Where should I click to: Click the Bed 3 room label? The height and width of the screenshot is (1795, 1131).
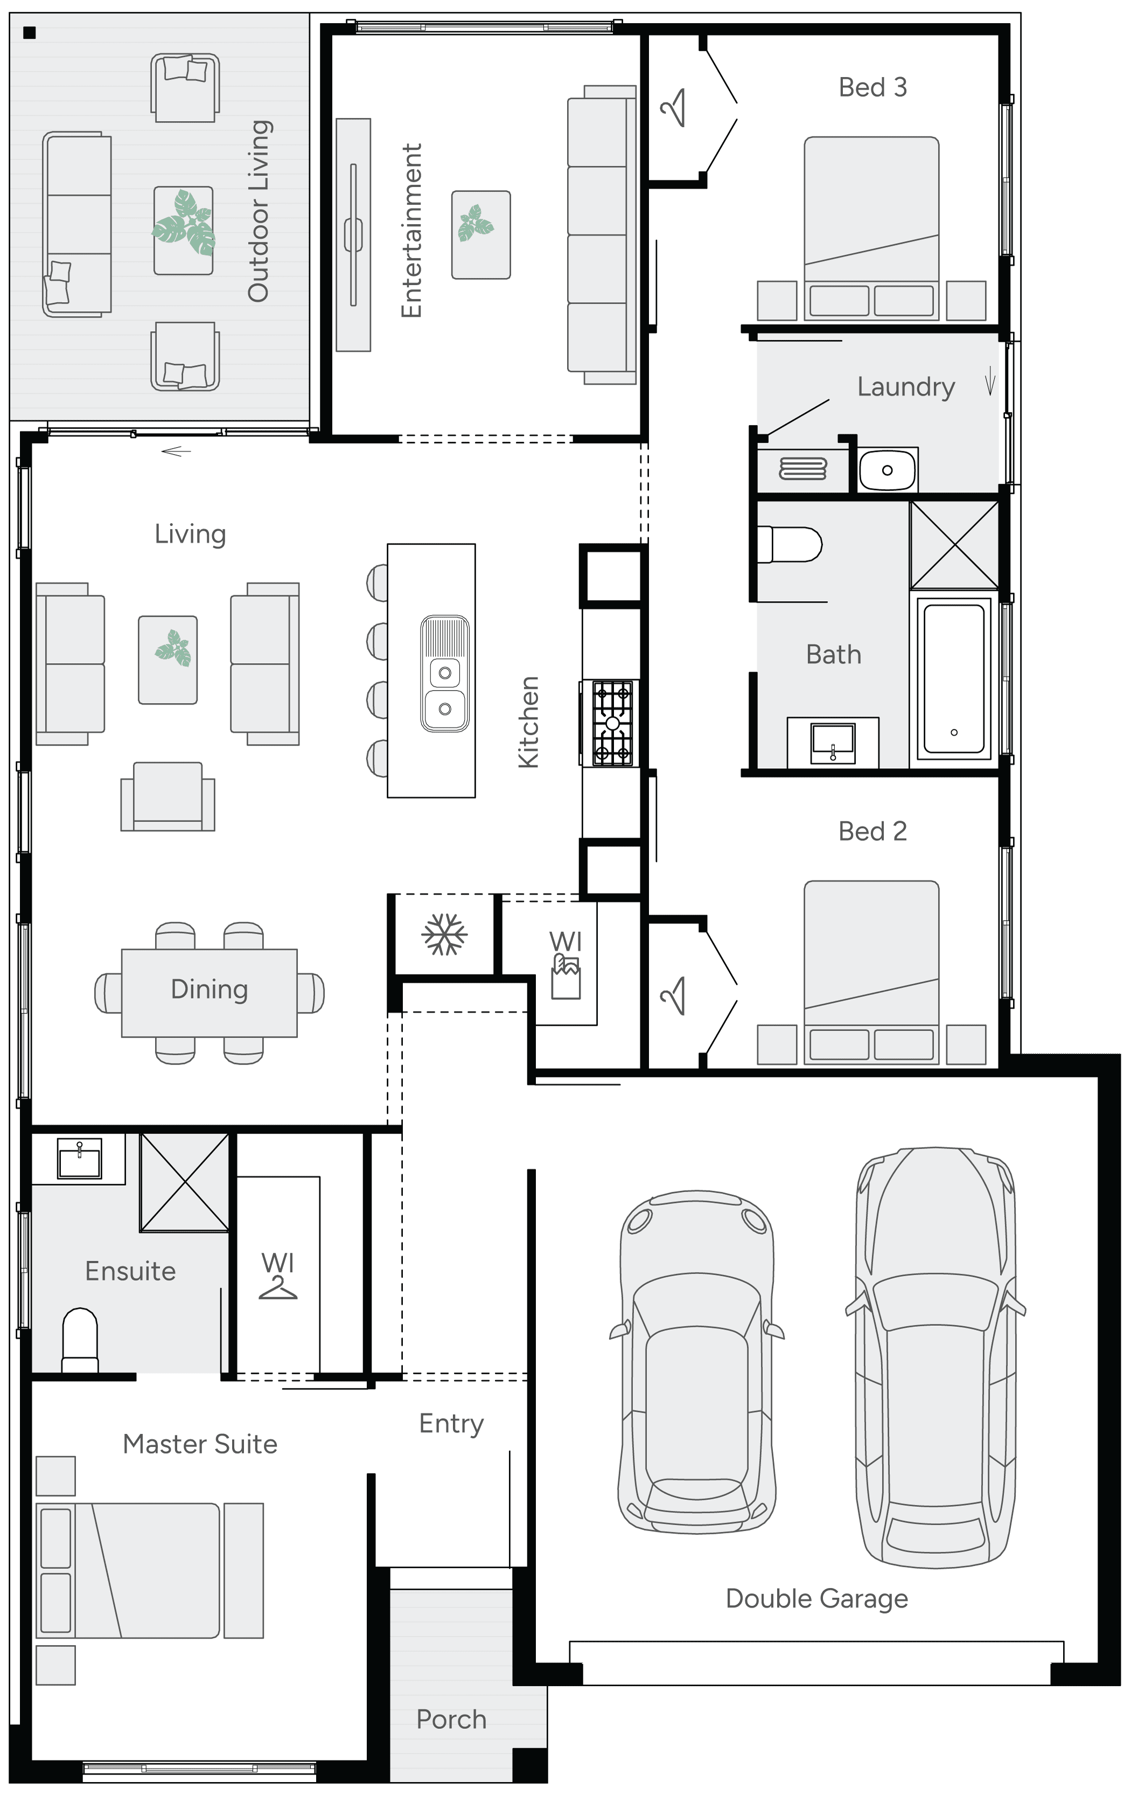pos(872,87)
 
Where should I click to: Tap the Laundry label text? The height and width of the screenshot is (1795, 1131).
pos(905,387)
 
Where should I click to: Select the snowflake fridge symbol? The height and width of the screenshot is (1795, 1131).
pos(444,934)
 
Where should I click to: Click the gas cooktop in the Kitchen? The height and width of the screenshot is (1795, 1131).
pos(612,723)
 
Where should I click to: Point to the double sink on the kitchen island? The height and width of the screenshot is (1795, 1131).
pos(445,673)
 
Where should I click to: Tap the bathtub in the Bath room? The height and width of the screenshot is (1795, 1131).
pos(954,678)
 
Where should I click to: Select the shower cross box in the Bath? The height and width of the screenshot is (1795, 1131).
pos(954,545)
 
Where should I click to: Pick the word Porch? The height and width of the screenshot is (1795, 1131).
pos(451,1719)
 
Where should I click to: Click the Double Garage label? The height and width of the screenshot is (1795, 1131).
pos(816,1598)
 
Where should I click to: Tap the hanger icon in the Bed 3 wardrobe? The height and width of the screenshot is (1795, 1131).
pos(674,108)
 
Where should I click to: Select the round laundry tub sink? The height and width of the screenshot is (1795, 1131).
pos(886,470)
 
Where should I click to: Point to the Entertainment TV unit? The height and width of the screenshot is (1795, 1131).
pos(353,235)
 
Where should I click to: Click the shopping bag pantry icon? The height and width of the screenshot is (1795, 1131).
pos(565,977)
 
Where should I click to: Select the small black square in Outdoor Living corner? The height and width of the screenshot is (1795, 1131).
pos(30,33)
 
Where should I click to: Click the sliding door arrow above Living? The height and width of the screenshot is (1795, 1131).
pos(176,451)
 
